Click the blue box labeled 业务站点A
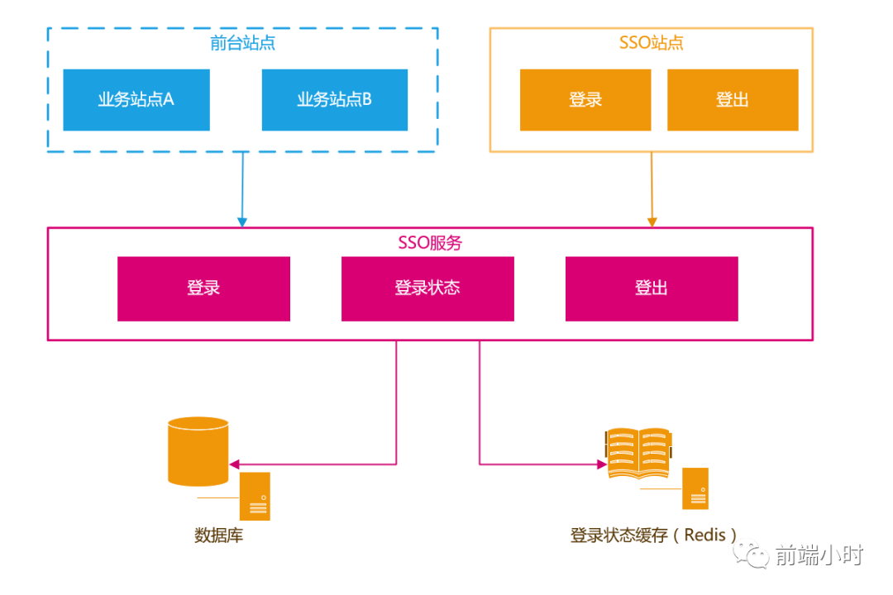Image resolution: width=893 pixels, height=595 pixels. click(x=136, y=100)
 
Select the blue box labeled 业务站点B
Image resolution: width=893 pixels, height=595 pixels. click(x=335, y=100)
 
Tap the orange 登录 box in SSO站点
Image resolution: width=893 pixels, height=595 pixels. click(x=585, y=100)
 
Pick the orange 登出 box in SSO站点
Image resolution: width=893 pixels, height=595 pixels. click(x=733, y=100)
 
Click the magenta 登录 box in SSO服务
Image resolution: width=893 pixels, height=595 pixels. click(x=203, y=288)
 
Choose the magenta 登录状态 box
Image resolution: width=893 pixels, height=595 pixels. click(x=427, y=288)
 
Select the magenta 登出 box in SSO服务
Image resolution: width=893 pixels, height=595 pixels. click(x=652, y=288)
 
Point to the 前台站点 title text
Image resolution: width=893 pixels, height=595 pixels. click(x=242, y=43)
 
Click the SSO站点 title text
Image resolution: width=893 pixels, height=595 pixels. click(x=652, y=43)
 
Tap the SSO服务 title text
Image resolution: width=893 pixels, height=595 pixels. click(x=430, y=243)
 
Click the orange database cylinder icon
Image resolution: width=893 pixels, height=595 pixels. click(x=198, y=451)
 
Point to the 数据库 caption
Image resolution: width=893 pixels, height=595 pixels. click(x=219, y=535)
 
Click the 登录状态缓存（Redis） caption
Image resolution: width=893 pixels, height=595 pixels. click(x=653, y=535)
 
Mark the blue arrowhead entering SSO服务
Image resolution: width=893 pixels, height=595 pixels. click(x=242, y=221)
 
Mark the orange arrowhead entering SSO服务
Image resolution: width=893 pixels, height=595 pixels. click(x=652, y=221)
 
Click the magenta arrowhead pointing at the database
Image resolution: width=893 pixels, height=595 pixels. click(x=234, y=464)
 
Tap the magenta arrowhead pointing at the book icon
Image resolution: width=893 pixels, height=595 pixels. click(x=602, y=464)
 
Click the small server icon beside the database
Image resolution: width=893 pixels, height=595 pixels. click(x=255, y=497)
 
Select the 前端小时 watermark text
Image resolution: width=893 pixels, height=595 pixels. click(x=819, y=555)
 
